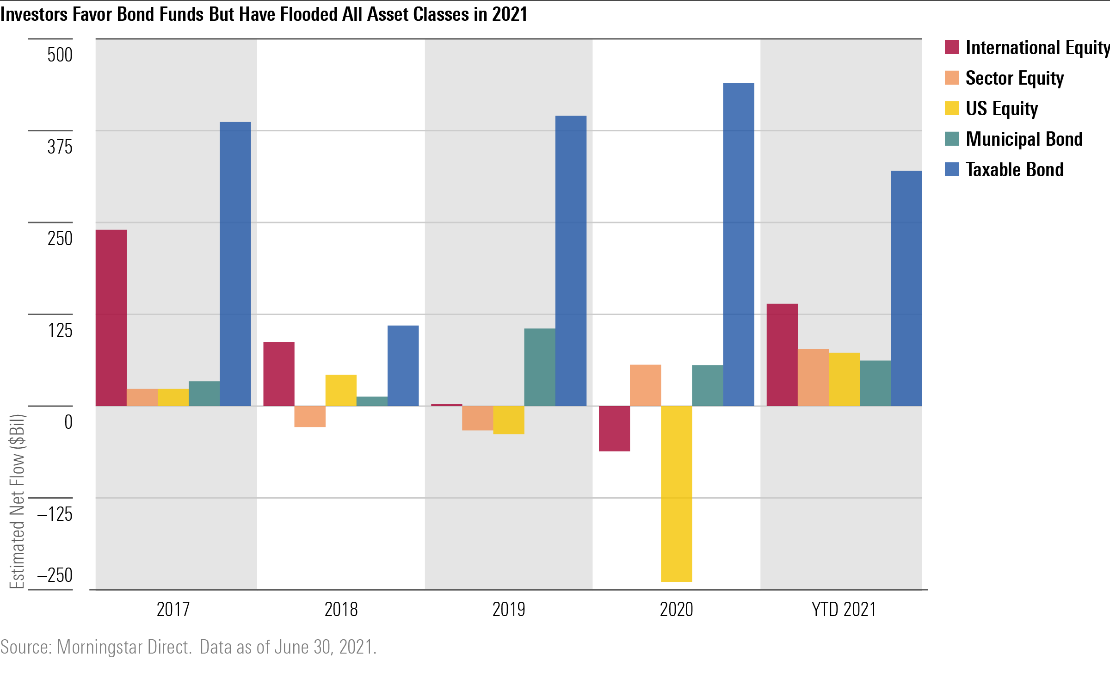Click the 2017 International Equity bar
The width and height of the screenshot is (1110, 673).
pyautogui.click(x=111, y=318)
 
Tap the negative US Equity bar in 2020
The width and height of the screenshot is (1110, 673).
pyautogui.click(x=676, y=494)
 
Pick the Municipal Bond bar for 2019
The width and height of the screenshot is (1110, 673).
pyautogui.click(x=539, y=367)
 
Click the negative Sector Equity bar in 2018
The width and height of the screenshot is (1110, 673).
pyautogui.click(x=310, y=416)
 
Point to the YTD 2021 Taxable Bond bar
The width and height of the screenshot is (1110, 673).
pyautogui.click(x=906, y=288)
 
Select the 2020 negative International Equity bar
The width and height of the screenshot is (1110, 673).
pyautogui.click(x=614, y=428)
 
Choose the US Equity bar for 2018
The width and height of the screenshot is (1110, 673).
pyautogui.click(x=341, y=390)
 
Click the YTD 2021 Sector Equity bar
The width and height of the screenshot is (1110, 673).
pyautogui.click(x=813, y=377)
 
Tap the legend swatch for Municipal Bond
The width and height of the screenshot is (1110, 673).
pyautogui.click(x=951, y=139)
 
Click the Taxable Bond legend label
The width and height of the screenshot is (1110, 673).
pyautogui.click(x=1014, y=170)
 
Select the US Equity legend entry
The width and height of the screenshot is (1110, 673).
pyautogui.click(x=1001, y=109)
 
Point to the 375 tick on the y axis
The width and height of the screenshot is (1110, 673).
pyautogui.click(x=60, y=147)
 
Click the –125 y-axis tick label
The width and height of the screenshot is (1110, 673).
pyautogui.click(x=55, y=514)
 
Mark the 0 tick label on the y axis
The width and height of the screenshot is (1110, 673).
pyautogui.click(x=68, y=422)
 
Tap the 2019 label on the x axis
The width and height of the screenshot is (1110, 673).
pyautogui.click(x=508, y=609)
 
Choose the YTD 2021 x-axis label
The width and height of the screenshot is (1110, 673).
pyautogui.click(x=844, y=609)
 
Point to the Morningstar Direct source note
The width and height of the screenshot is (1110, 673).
pyautogui.click(x=124, y=647)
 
